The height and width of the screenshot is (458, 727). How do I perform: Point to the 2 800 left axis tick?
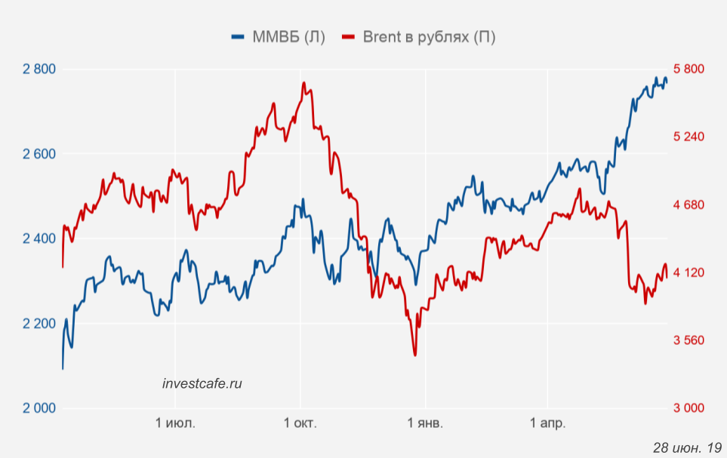40,69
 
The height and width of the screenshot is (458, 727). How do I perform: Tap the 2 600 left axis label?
40,154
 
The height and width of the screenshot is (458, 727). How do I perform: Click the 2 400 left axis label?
40,238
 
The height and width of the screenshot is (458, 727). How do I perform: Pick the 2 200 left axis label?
40,324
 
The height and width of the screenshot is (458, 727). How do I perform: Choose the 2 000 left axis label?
40,408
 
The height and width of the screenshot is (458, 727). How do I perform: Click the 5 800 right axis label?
688,69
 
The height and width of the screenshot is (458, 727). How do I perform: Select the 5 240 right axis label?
688,137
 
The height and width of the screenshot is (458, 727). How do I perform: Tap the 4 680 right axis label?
688,204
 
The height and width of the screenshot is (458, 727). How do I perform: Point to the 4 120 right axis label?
688,272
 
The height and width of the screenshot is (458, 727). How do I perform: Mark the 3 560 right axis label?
688,340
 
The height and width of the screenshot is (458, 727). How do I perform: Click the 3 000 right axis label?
688,408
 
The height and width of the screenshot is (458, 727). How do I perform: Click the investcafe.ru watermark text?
202,383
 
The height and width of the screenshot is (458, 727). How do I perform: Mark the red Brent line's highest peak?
303,83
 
